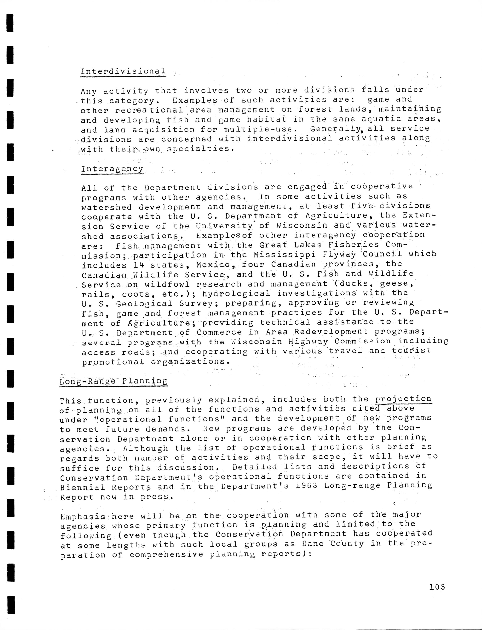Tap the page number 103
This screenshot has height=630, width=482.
[437, 587]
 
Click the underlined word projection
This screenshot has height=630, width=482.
[403, 399]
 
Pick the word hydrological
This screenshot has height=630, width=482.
[236, 293]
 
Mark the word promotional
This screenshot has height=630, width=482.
[113, 362]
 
